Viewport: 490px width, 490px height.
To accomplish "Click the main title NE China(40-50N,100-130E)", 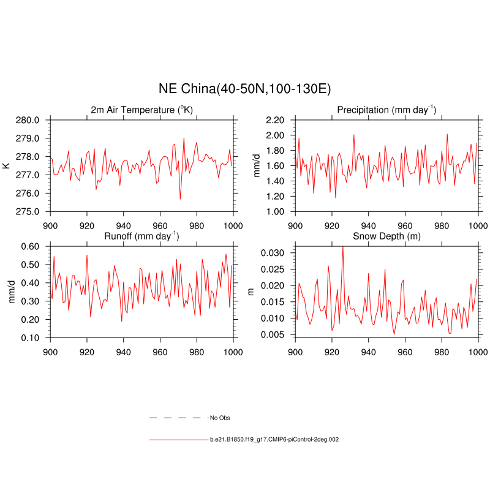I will click(245, 89).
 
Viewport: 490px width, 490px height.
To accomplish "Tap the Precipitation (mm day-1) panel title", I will click(386, 110).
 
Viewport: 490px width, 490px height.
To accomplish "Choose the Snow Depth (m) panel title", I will click(386, 236).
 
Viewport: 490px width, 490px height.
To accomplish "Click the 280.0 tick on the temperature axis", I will click(28, 120).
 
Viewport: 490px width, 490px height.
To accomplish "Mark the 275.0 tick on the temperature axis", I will click(28, 211).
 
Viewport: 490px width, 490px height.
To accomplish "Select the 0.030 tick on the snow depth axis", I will click(273, 253).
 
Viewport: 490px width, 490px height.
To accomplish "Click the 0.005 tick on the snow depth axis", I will click(273, 334).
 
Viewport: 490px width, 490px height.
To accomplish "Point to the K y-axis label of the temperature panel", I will click(7, 165).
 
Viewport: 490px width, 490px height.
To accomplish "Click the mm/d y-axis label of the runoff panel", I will click(10, 292).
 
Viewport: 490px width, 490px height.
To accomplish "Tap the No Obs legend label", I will click(220, 418).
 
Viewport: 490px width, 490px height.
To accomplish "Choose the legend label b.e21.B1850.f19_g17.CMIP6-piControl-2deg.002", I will click(274, 439).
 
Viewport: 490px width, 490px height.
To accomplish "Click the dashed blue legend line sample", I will click(175, 418).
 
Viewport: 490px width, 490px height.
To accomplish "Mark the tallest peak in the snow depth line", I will click(342, 246).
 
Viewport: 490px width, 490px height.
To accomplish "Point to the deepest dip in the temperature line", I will click(180, 199).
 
